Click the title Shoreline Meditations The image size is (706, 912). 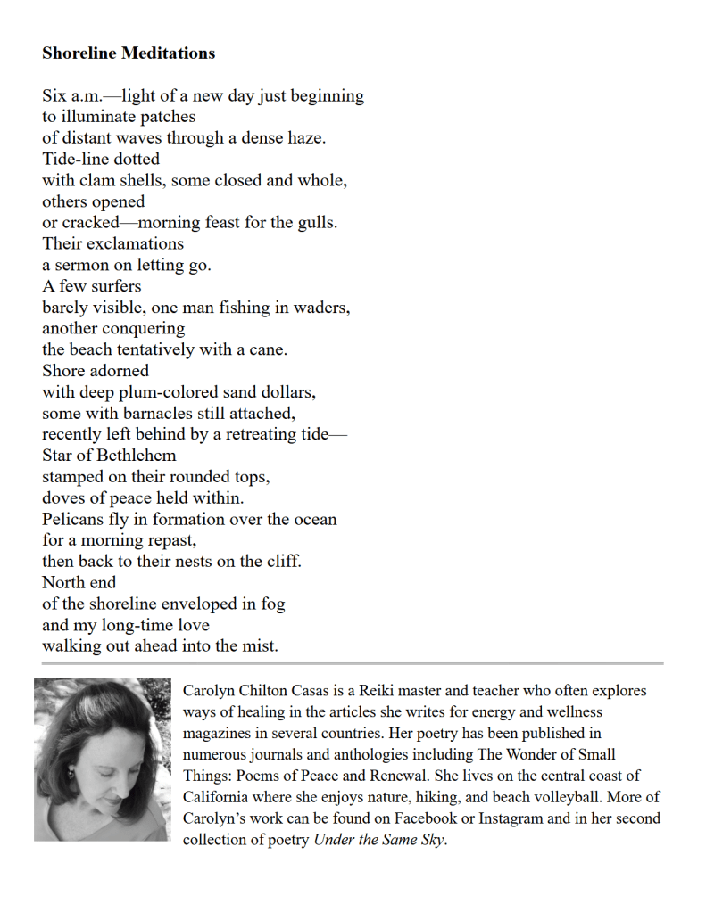(x=129, y=53)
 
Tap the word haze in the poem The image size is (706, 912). (x=304, y=138)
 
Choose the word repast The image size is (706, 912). (x=170, y=541)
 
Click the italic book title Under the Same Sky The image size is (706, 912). (x=379, y=840)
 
